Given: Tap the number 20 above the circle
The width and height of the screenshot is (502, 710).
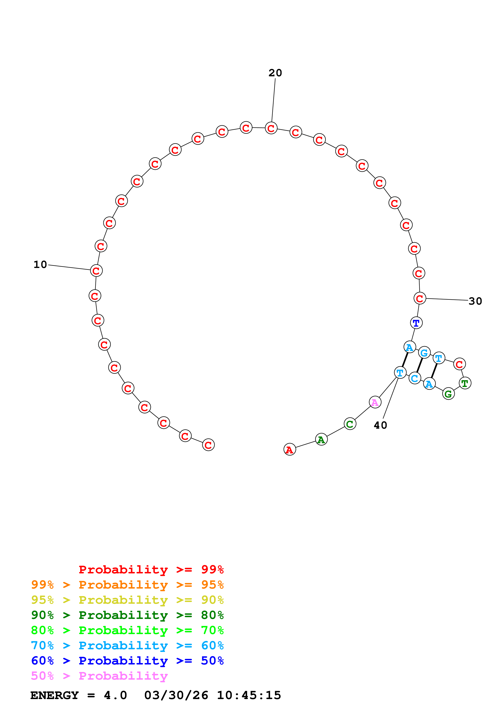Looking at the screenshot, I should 275,73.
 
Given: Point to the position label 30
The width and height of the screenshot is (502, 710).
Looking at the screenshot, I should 475,301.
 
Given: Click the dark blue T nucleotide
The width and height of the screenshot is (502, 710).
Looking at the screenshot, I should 416,323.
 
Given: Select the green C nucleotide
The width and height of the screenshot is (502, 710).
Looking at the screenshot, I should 350,424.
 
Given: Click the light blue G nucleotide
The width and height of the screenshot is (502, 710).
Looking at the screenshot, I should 424,353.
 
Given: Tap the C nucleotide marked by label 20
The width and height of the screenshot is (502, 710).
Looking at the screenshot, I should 271,128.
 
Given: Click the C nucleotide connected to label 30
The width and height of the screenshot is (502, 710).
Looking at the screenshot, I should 419,298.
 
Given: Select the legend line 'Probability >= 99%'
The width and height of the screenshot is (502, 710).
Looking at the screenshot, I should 151,569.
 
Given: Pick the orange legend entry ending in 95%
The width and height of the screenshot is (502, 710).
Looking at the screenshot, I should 127,585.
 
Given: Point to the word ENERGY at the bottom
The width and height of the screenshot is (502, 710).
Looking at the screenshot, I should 54,695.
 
